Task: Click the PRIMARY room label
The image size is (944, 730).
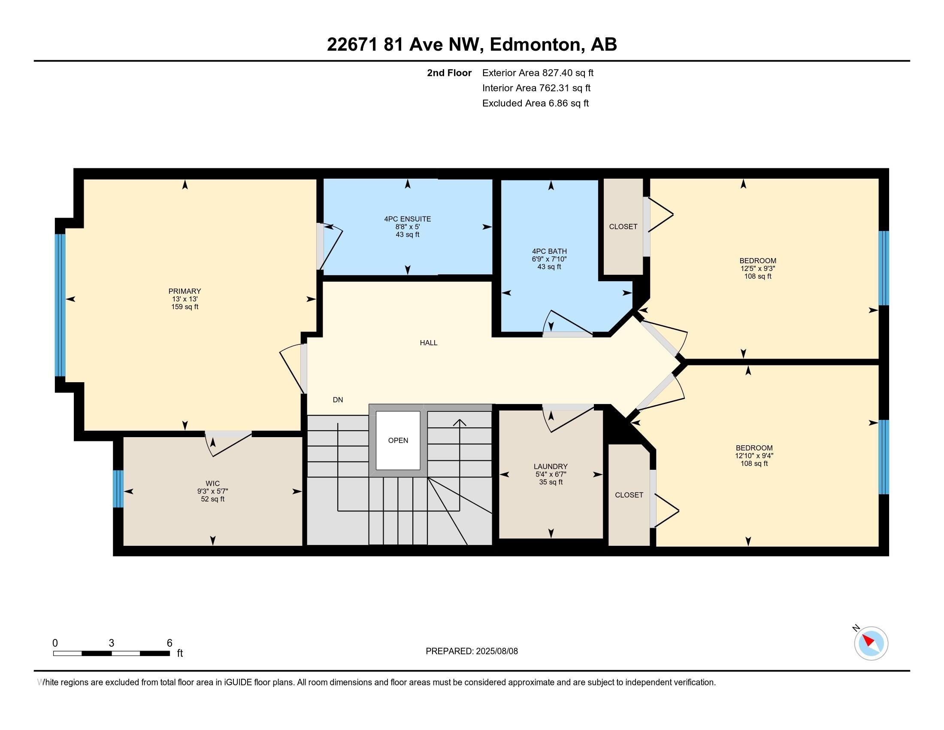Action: pos(185,291)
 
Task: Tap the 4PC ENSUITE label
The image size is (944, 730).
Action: pos(407,219)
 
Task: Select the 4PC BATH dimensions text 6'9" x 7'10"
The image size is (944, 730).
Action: pos(549,259)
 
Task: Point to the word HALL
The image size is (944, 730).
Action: pos(428,343)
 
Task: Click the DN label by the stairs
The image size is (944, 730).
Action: pos(338,400)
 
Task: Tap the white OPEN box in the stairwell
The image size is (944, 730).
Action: pos(398,440)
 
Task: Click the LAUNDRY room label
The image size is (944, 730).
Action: pos(550,466)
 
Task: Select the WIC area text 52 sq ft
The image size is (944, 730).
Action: pos(212,499)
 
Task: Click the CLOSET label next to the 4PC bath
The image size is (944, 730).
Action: pos(623,227)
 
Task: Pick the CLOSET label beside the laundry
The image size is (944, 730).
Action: pos(629,495)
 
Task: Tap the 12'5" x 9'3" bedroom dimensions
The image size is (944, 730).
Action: pos(757,268)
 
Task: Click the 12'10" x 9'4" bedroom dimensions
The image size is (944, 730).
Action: pos(754,455)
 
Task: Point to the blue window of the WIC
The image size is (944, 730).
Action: pos(118,489)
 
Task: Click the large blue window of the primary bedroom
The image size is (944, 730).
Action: pos(60,305)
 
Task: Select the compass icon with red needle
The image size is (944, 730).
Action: pos(871,643)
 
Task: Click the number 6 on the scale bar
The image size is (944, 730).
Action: pos(169,643)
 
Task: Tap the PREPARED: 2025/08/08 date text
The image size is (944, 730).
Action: pos(471,651)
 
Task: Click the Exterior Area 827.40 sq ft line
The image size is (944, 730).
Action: pos(537,73)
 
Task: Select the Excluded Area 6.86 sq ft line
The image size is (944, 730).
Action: pos(535,103)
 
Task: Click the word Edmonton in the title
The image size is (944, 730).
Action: pos(535,45)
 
